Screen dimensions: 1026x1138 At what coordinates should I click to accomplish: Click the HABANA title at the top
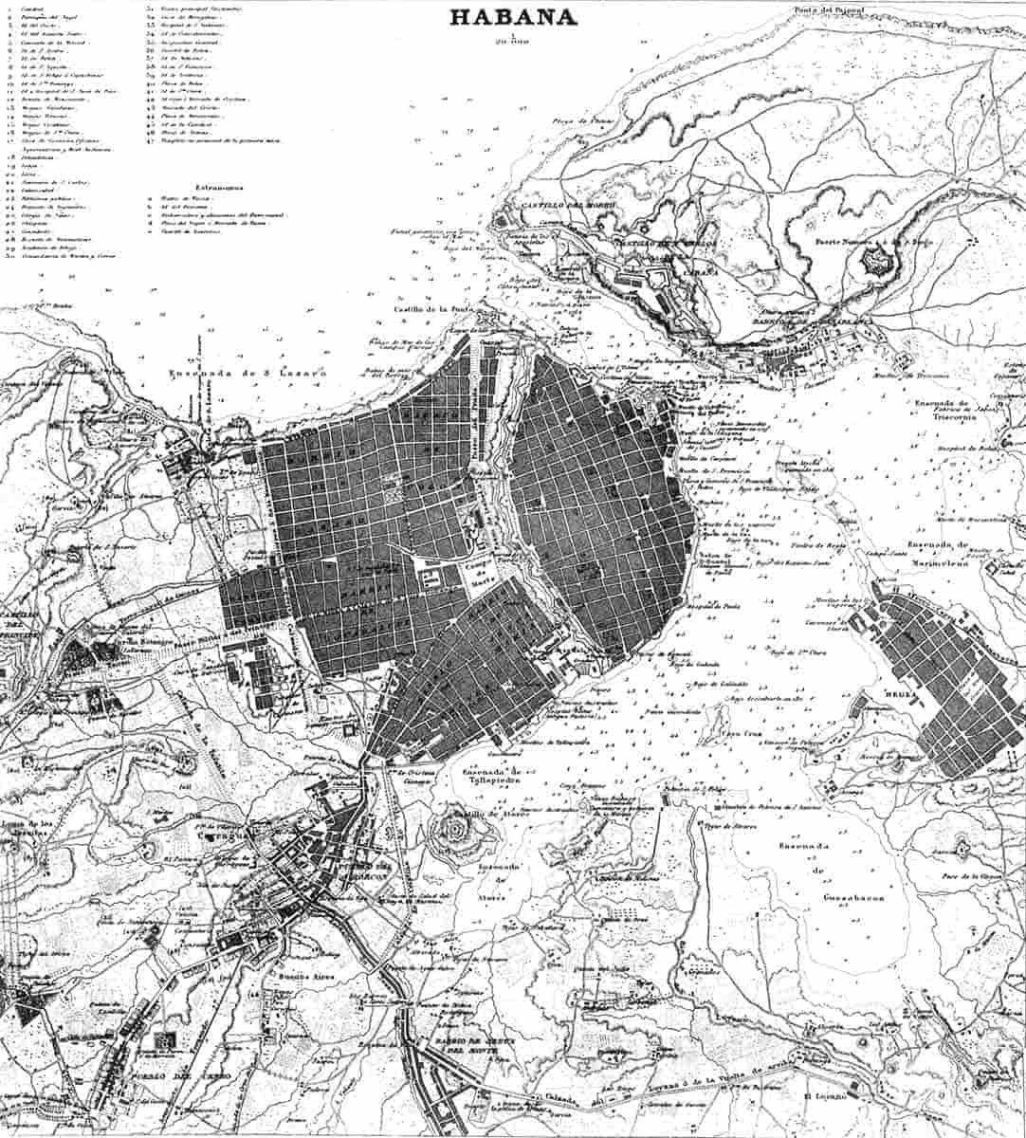tap(513, 17)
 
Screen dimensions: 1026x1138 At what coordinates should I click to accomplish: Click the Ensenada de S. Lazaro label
tap(247, 373)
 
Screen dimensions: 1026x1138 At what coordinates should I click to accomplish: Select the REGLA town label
tap(901, 694)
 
